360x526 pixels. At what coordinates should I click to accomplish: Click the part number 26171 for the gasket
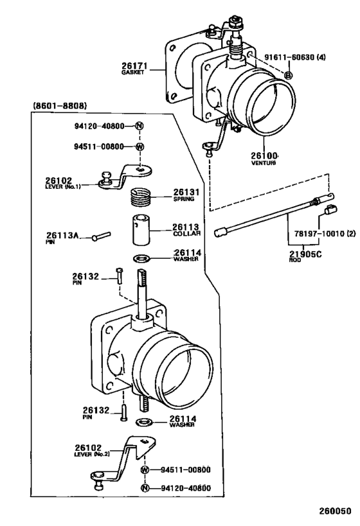(x=134, y=66)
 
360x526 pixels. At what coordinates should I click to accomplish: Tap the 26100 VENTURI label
(x=265, y=159)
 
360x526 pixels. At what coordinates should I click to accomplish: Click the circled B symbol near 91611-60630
(x=288, y=75)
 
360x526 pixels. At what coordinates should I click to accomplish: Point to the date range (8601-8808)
(x=60, y=106)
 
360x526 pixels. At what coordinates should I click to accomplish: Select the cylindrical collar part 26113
(x=141, y=230)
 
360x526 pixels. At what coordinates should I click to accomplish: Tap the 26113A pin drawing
(x=101, y=236)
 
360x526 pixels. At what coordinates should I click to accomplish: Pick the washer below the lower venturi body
(x=144, y=422)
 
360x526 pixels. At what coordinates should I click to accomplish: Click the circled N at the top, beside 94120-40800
(x=139, y=126)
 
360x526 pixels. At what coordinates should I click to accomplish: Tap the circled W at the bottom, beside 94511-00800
(x=145, y=469)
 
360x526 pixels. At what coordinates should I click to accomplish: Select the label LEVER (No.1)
(x=63, y=186)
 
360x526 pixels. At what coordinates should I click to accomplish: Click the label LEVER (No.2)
(x=92, y=454)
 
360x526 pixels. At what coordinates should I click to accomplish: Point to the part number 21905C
(x=305, y=254)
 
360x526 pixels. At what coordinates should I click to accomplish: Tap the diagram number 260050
(x=335, y=511)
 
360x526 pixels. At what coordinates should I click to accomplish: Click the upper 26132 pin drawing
(x=119, y=276)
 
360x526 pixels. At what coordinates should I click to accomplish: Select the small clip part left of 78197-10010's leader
(x=331, y=209)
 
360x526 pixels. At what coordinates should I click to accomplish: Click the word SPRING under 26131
(x=184, y=199)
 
